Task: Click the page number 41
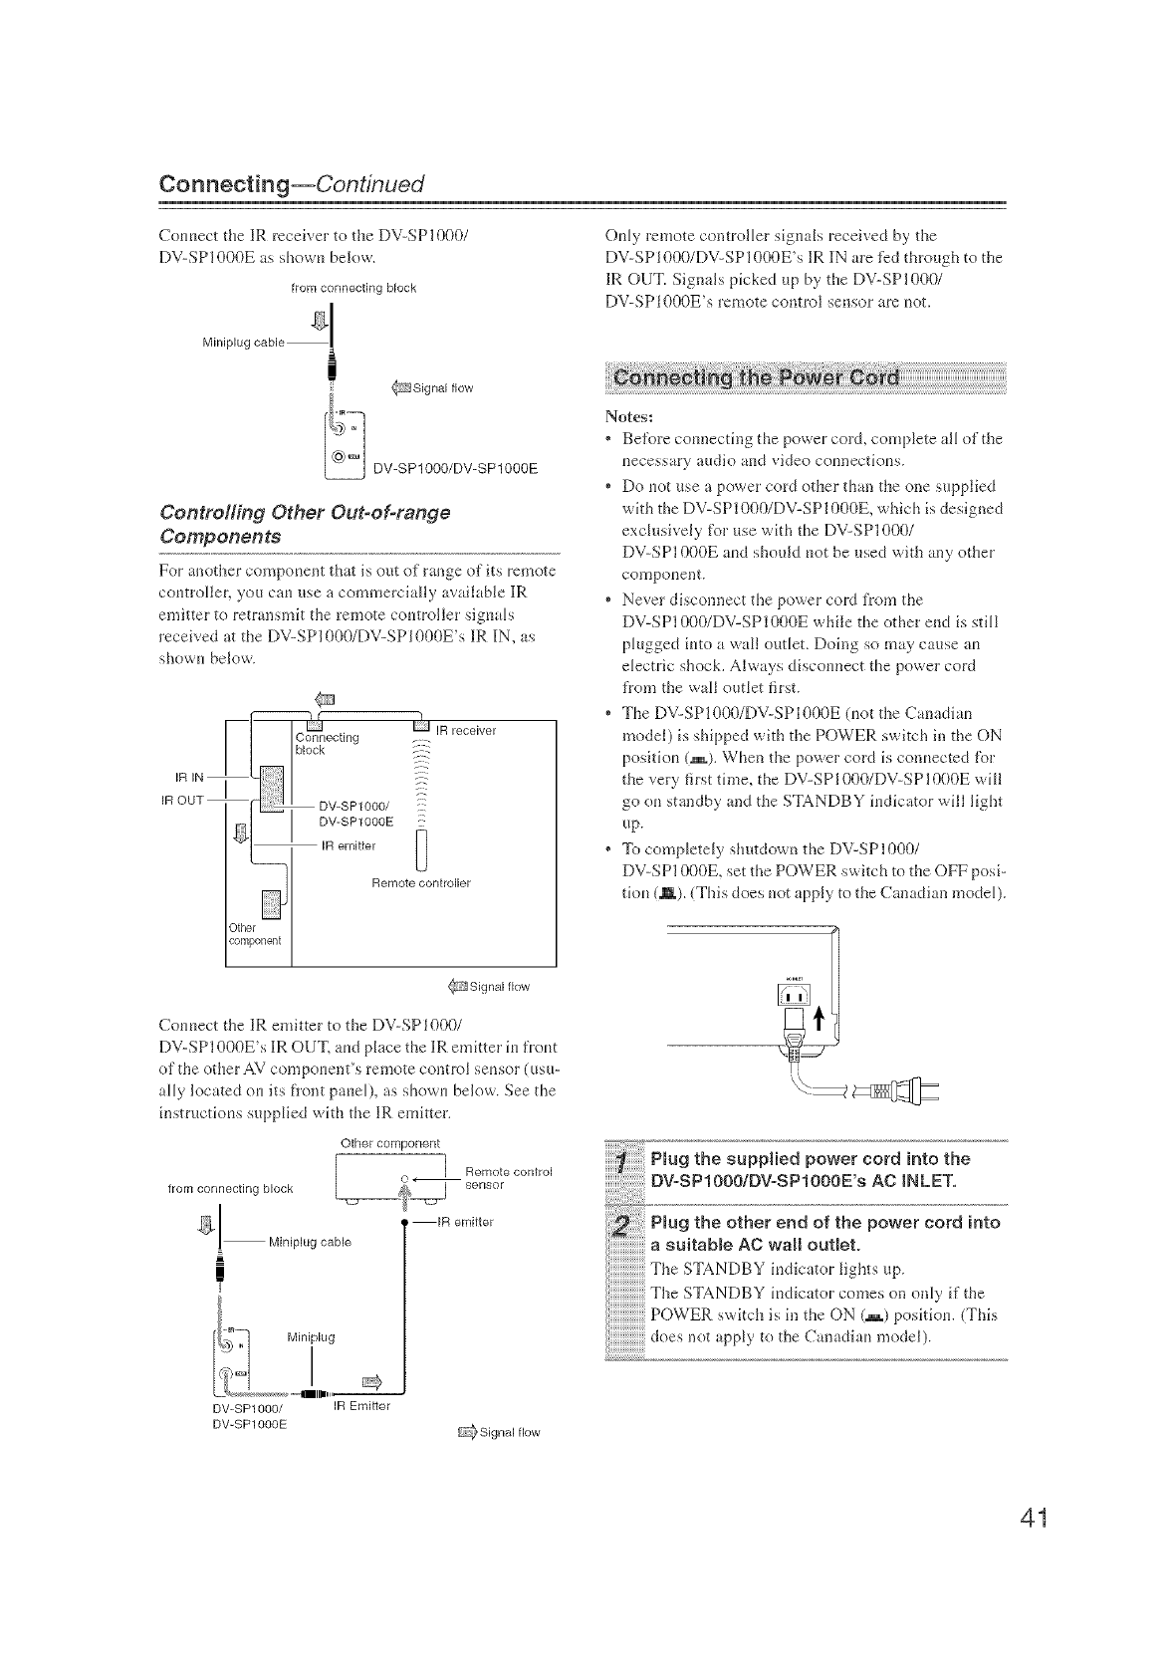click(1023, 1523)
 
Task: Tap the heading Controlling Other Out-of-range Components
click(305, 524)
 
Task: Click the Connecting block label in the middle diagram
click(327, 743)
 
